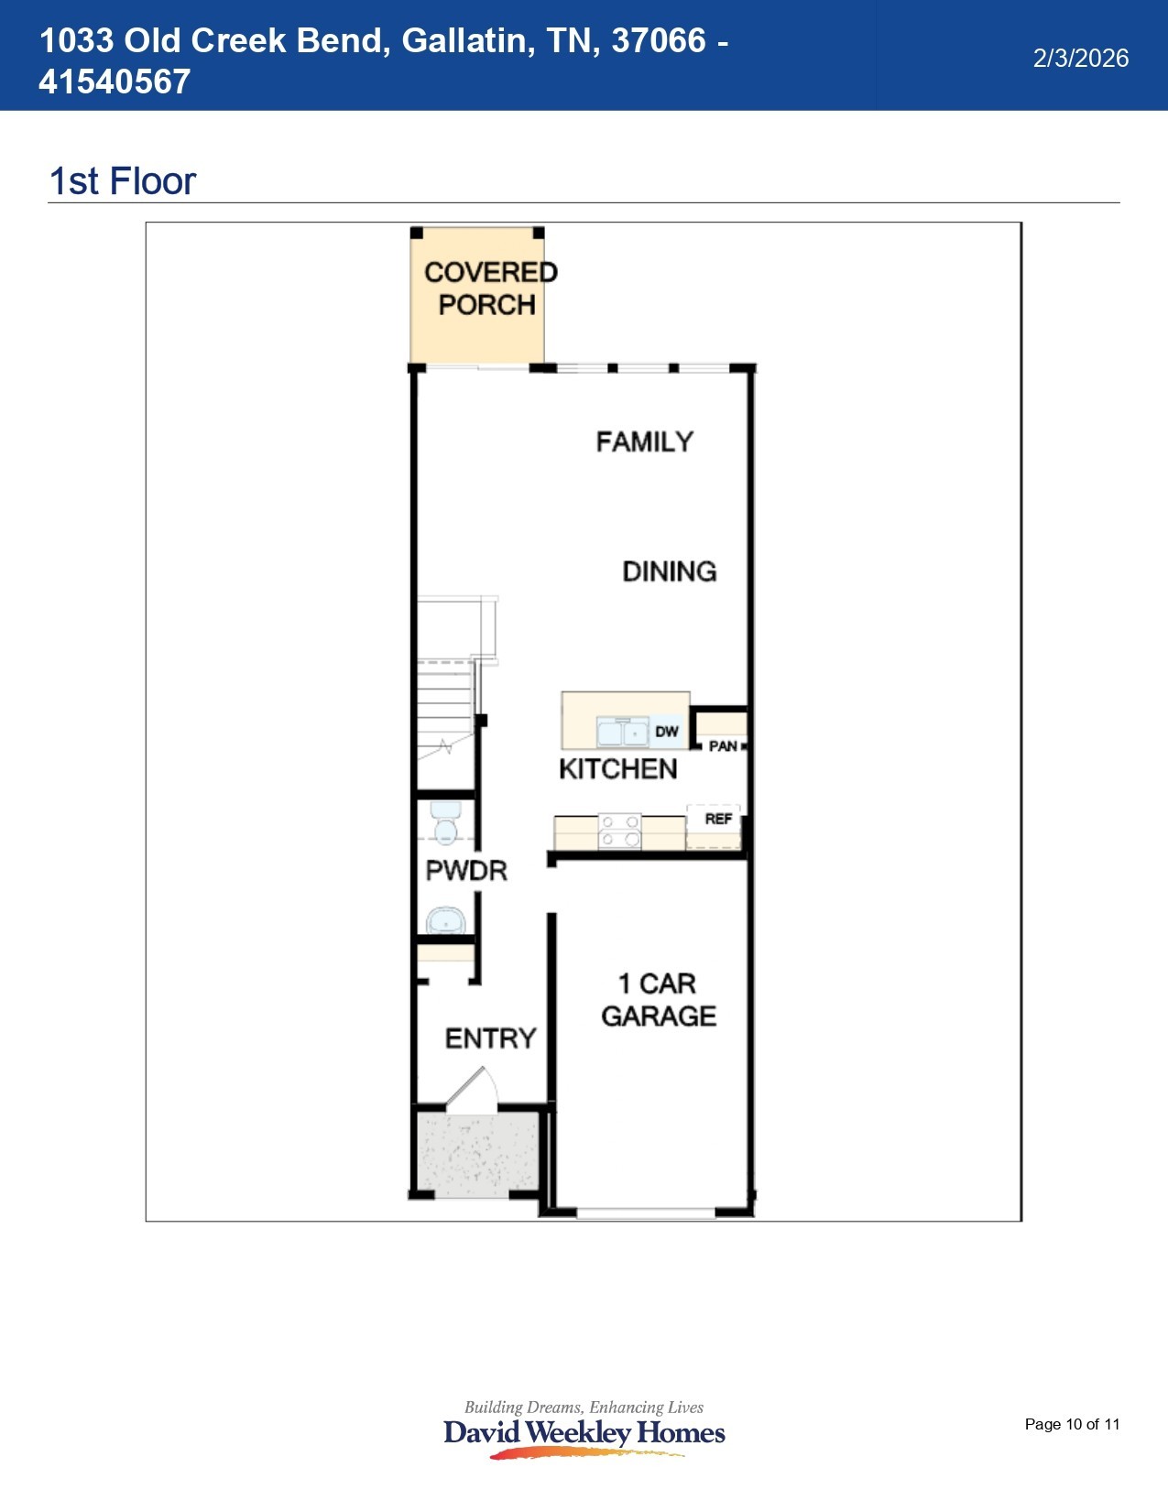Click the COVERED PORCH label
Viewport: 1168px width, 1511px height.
point(489,288)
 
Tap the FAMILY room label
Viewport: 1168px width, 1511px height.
point(644,442)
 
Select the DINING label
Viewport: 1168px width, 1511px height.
point(669,571)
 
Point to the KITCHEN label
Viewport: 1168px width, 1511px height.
point(617,769)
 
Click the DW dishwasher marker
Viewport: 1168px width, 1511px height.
point(666,732)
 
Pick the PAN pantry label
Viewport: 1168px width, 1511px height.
point(723,746)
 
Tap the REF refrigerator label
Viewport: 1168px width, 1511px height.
point(718,819)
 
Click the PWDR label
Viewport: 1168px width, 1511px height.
point(466,870)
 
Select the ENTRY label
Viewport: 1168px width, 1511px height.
point(490,1038)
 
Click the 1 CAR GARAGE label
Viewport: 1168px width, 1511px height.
point(658,1000)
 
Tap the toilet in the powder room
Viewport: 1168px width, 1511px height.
point(445,821)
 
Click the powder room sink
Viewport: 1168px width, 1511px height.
point(445,920)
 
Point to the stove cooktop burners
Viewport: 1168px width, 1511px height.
point(619,832)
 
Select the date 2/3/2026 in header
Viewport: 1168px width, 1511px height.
point(1080,59)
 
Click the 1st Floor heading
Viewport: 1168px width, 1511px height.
point(122,181)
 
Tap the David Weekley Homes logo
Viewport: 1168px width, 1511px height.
point(584,1432)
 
